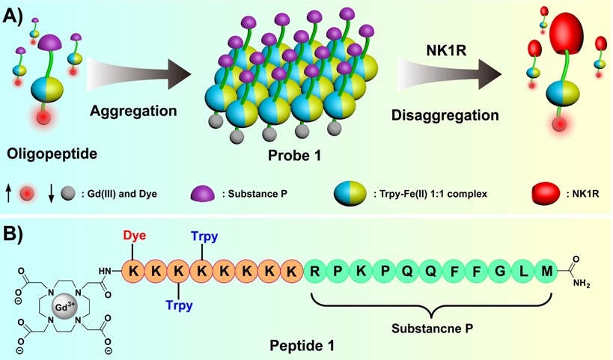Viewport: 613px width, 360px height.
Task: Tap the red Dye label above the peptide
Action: pos(133,234)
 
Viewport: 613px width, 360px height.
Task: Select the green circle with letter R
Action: pos(316,269)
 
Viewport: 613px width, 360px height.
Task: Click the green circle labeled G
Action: pos(502,269)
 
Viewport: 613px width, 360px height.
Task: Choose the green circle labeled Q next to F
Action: pos(432,269)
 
